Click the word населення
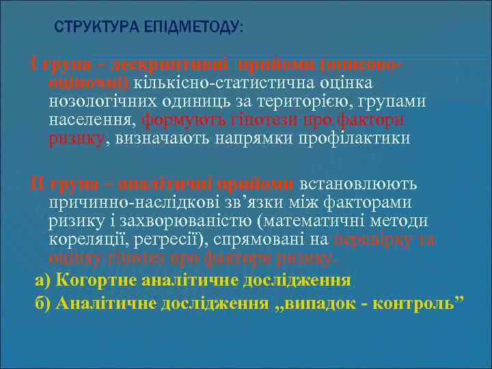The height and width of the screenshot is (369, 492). (92, 120)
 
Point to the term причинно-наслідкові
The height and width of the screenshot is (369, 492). (130, 203)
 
